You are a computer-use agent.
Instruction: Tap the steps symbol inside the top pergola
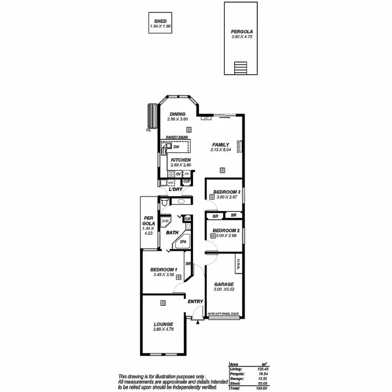pos(240,68)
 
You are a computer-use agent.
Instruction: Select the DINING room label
pos(178,114)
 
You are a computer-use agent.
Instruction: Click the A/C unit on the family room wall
pos(206,118)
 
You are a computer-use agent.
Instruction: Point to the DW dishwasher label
pos(176,147)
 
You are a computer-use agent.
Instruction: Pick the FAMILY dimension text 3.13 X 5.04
pos(222,150)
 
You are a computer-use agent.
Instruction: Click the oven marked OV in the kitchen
pos(178,174)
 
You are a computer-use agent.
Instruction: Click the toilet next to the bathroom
pos(165,202)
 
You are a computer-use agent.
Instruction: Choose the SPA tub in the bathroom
pos(183,242)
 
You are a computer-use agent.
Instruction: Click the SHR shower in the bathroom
pos(165,221)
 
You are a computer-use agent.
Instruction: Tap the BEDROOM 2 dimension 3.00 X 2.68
pos(228,236)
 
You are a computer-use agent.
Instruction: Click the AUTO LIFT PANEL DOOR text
pos(224,314)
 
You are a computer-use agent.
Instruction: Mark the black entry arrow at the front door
pos(198,322)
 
